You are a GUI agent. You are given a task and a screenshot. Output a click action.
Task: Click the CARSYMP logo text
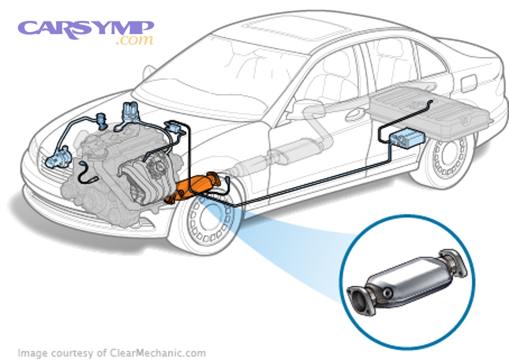(85, 28)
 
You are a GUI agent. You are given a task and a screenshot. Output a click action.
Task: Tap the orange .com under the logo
(134, 41)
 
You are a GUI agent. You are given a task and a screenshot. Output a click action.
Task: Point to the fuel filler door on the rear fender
(469, 83)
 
